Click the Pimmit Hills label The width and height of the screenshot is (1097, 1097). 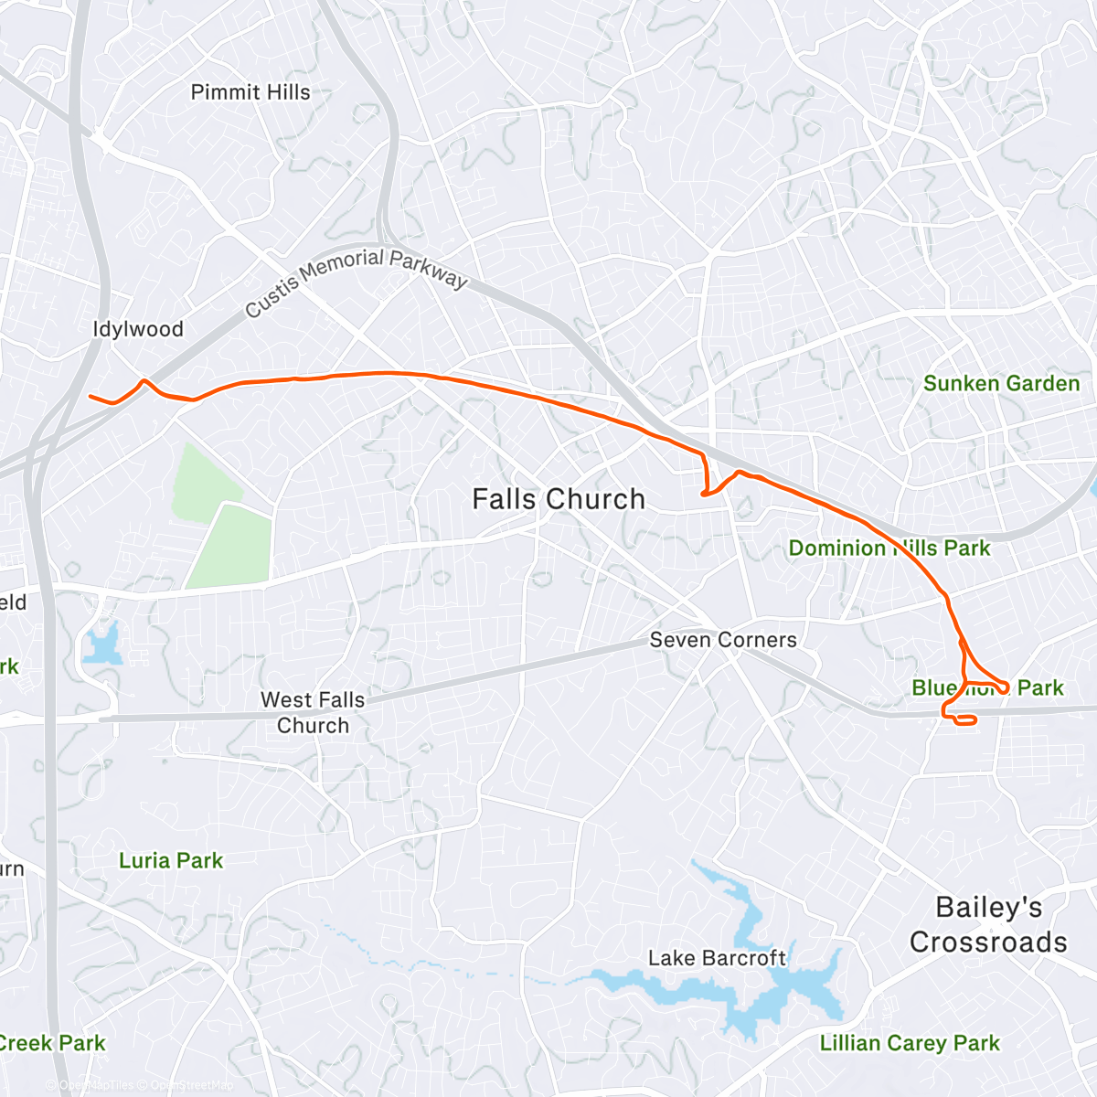[250, 92]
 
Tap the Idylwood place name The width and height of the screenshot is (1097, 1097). [138, 329]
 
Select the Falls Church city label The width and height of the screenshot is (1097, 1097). [559, 499]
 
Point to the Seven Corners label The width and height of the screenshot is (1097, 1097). [723, 640]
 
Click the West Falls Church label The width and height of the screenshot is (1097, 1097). [313, 712]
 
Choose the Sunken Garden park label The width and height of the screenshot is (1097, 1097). [1001, 383]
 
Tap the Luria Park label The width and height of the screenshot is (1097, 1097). [171, 860]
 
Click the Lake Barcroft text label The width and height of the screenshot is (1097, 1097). [717, 958]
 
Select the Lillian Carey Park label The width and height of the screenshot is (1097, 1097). [910, 1043]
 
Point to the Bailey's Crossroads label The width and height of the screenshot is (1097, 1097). [988, 924]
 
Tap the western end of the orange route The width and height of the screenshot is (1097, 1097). [91, 396]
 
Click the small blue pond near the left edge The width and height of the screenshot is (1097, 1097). [101, 645]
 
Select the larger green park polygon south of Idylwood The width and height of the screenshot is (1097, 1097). [233, 544]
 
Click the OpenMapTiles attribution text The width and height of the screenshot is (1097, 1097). [96, 1086]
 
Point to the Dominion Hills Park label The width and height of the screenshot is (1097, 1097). [889, 548]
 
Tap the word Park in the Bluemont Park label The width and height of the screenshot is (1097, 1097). [1040, 687]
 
